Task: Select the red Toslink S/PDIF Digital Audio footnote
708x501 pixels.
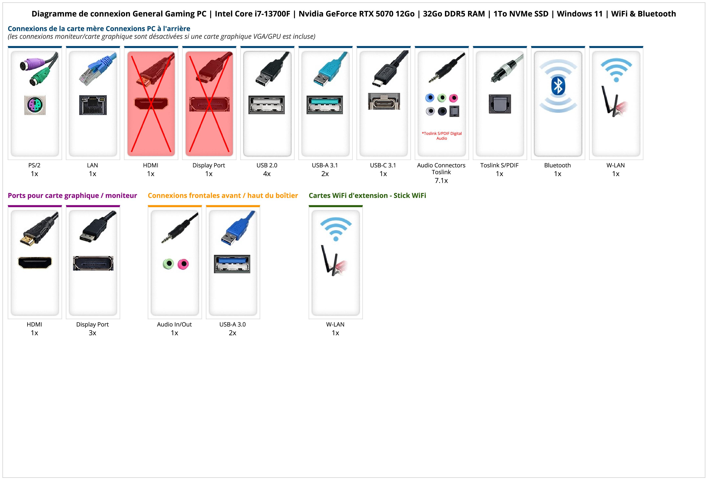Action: pyautogui.click(x=442, y=136)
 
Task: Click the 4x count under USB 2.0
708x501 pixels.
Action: pyautogui.click(x=267, y=174)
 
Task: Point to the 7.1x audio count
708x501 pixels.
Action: pyautogui.click(x=441, y=181)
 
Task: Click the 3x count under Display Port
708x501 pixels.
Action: pyautogui.click(x=92, y=333)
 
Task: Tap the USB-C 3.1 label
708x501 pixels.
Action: pyautogui.click(x=383, y=165)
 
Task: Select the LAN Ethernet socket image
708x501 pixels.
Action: pyautogui.click(x=93, y=105)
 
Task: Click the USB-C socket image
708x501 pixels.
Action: pyautogui.click(x=384, y=101)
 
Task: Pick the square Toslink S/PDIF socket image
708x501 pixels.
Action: pyautogui.click(x=500, y=104)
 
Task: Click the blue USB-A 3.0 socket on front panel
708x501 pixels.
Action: pyautogui.click(x=232, y=264)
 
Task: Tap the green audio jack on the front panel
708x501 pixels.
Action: pyautogui.click(x=168, y=264)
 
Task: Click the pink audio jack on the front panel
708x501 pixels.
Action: pyautogui.click(x=183, y=264)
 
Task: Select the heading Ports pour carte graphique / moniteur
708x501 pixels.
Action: pyautogui.click(x=72, y=195)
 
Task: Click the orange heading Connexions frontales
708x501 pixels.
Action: pyautogui.click(x=223, y=195)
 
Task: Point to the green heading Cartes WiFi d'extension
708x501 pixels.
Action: pyautogui.click(x=367, y=195)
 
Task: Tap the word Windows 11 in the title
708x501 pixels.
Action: pyautogui.click(x=579, y=14)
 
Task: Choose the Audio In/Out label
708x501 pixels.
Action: pyautogui.click(x=174, y=324)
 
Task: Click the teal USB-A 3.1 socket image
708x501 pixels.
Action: pyautogui.click(x=325, y=105)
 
